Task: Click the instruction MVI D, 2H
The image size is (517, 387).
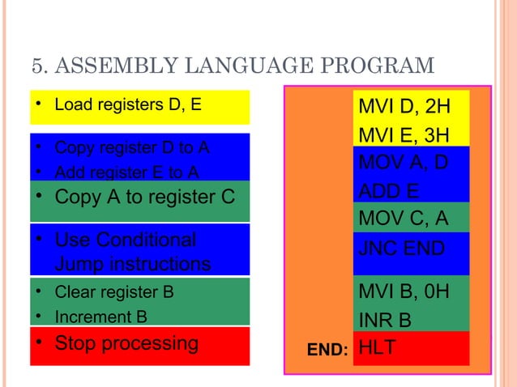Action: pos(404,108)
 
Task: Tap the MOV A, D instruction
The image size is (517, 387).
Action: pos(403,162)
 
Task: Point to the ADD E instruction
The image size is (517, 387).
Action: pos(390,190)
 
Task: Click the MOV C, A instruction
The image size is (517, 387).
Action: pos(403,219)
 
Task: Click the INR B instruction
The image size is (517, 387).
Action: pos(384,321)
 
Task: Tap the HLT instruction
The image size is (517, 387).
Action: pos(377,347)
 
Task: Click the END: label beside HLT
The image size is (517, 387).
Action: pos(327,350)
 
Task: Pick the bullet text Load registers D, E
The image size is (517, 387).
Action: pos(127,104)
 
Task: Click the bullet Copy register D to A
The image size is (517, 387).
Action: pos(131,148)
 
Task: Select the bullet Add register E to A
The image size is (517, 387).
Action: pos(127,171)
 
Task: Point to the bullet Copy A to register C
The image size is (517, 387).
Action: pos(144,197)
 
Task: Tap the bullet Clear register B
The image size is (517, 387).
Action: pos(113,291)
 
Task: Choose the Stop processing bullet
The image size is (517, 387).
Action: pos(126,342)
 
